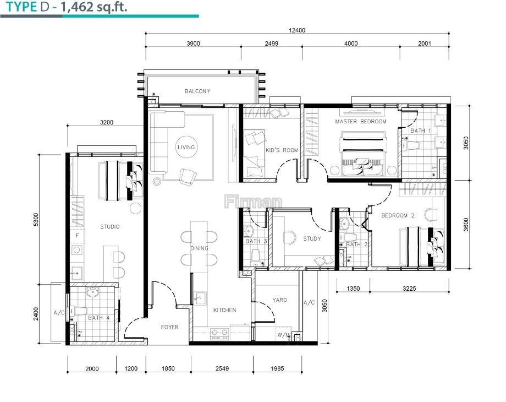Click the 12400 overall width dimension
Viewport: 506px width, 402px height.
(297, 30)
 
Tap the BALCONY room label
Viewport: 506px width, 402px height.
(197, 91)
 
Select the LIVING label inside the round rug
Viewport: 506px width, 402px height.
(186, 147)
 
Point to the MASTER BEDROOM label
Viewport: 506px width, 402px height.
(360, 122)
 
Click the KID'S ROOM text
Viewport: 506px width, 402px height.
(282, 150)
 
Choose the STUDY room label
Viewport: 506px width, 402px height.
(312, 238)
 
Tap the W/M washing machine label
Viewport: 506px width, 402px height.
(283, 335)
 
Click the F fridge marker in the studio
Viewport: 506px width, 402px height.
(77, 235)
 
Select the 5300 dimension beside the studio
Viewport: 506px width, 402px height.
(36, 219)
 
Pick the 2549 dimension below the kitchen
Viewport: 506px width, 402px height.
(222, 368)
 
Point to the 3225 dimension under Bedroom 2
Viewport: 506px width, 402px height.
(409, 288)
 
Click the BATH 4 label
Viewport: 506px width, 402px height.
(99, 318)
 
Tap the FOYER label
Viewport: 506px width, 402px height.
(170, 327)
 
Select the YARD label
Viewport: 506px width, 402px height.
(279, 300)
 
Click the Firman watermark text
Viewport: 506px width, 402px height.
(253, 202)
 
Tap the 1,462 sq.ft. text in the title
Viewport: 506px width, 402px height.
(94, 7)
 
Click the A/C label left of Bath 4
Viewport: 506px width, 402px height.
(59, 313)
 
